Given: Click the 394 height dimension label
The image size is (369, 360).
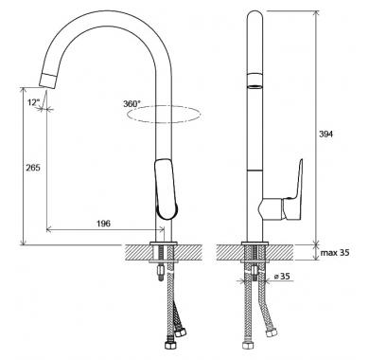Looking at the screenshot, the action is tap(325, 134).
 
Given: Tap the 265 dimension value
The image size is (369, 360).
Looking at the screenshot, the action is tap(33, 168).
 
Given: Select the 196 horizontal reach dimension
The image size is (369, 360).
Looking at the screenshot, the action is tap(103, 224).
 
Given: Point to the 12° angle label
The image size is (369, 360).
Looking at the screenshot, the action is tap(34, 102).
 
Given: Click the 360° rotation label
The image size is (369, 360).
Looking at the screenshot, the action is tap(132, 103).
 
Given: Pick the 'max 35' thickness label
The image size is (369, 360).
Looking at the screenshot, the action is tap(335, 253).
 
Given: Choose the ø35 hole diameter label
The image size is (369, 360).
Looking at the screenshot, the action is tap(282, 277).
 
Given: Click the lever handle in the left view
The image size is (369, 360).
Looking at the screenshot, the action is tap(167, 189).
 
